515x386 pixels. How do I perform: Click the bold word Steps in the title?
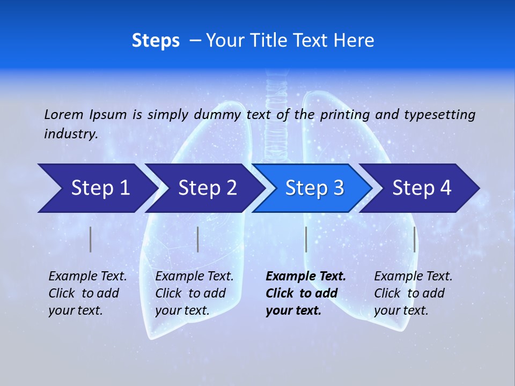coord(156,41)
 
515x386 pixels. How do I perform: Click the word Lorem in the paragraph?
coord(64,115)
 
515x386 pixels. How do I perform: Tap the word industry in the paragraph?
coord(70,134)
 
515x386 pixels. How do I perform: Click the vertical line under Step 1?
coord(91,239)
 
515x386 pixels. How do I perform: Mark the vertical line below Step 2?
coord(197,239)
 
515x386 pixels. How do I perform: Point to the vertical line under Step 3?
coord(306,239)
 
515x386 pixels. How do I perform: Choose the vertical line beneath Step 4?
coord(415,239)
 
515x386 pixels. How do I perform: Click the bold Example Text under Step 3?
coord(306,277)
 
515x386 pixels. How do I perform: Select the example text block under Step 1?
coord(87,293)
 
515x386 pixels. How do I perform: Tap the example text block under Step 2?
coord(194,293)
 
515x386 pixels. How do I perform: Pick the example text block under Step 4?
coord(413,293)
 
